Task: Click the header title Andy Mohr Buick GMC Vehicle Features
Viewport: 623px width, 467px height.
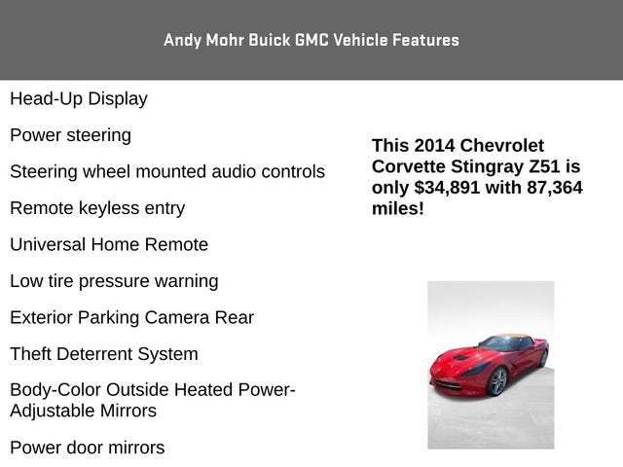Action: coord(311,40)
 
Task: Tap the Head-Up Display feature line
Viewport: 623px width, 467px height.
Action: coord(79,98)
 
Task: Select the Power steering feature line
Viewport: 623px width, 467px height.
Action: coord(70,134)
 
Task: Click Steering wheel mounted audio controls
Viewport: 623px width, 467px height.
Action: coord(167,171)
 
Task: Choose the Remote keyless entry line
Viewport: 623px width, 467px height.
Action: coord(97,208)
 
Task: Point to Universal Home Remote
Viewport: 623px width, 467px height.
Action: coord(109,244)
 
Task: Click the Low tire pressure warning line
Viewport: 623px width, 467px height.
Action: coord(114,281)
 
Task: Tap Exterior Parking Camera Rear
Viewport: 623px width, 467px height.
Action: coord(131,317)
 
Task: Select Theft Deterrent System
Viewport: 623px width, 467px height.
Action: coord(104,354)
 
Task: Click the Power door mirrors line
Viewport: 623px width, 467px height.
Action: coord(88,448)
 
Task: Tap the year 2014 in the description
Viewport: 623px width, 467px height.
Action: coord(434,145)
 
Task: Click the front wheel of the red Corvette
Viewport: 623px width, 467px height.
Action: coord(498,381)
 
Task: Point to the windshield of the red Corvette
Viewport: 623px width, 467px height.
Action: coord(498,343)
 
